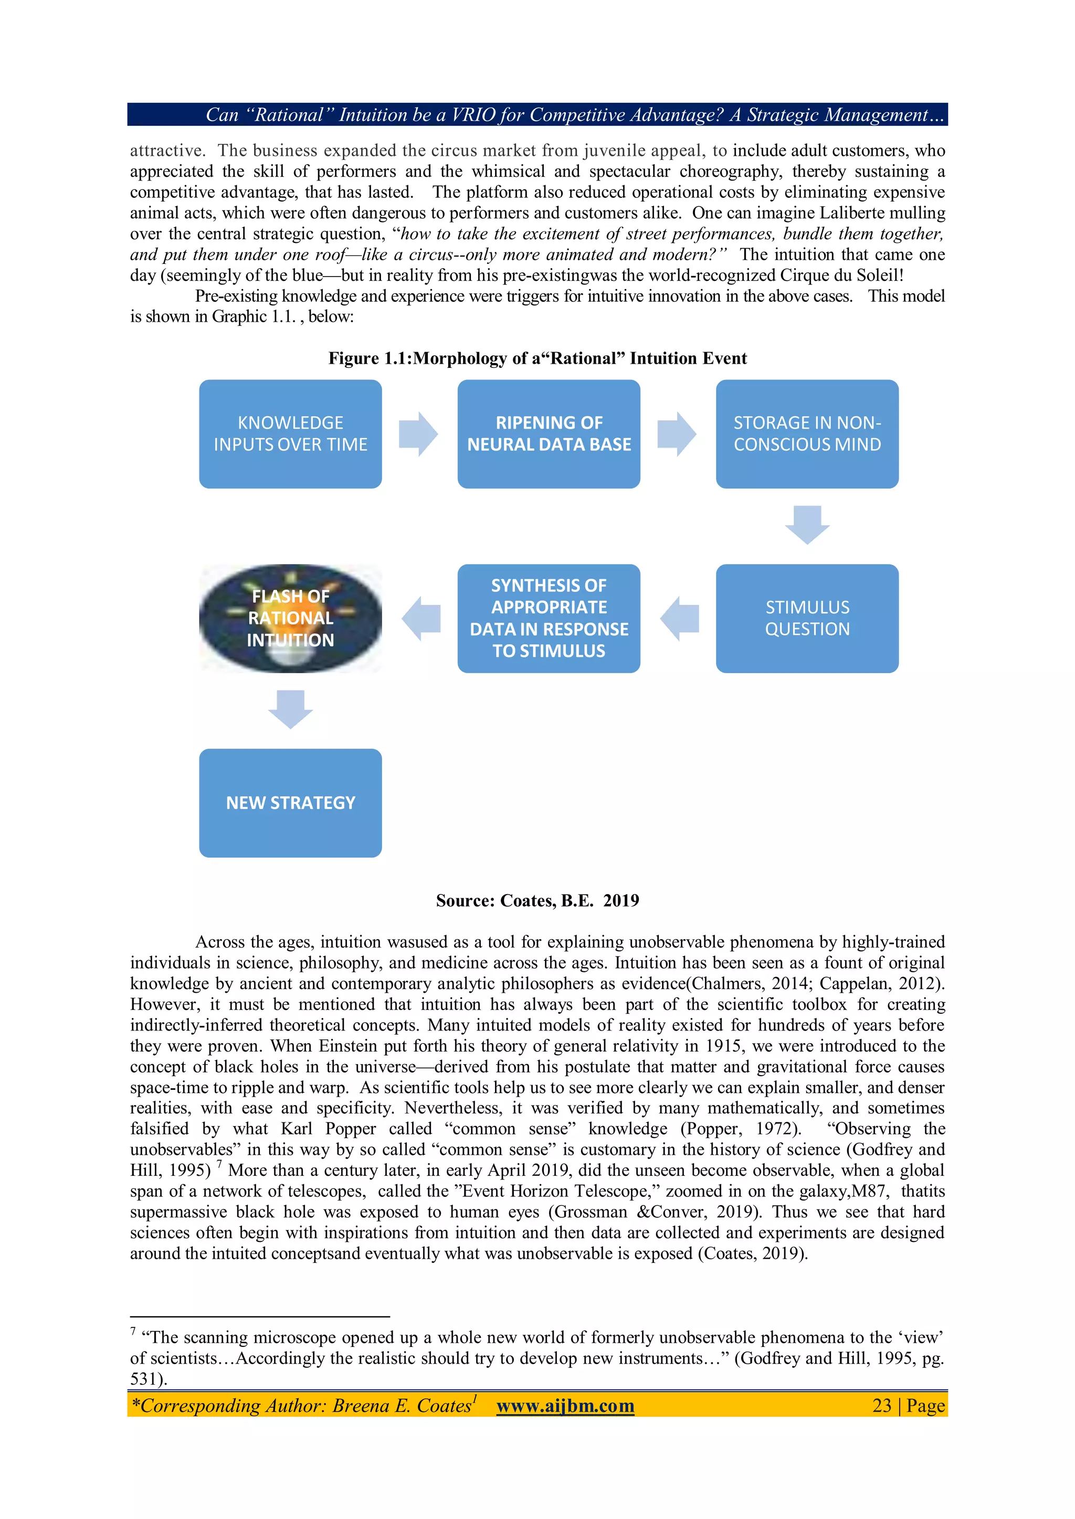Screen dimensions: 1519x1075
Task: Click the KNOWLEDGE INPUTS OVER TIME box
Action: (x=290, y=433)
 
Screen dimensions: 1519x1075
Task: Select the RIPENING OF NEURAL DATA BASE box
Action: (x=548, y=433)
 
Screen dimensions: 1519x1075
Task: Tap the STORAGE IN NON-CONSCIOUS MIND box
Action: (x=806, y=433)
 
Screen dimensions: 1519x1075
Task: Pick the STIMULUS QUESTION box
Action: (x=806, y=618)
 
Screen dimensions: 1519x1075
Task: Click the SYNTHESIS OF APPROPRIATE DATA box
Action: (x=548, y=618)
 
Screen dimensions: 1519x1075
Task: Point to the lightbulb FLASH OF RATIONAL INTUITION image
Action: (x=290, y=618)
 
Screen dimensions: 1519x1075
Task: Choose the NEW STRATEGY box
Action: (x=290, y=802)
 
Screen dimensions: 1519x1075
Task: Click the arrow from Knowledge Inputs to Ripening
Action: (x=418, y=434)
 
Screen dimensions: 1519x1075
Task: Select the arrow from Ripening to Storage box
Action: (x=677, y=434)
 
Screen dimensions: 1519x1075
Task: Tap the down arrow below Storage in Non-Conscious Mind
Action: (x=807, y=525)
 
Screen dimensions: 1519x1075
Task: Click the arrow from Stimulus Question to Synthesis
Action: (x=680, y=619)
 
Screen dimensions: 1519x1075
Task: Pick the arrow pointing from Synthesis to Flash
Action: (x=421, y=619)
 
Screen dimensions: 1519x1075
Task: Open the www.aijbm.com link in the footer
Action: (x=565, y=1406)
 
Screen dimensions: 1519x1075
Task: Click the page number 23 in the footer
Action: (x=882, y=1406)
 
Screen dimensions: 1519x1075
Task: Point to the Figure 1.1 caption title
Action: (x=537, y=358)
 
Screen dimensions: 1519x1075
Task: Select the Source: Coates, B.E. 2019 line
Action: (x=537, y=900)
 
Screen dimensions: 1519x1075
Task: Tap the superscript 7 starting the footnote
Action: (x=133, y=1331)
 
